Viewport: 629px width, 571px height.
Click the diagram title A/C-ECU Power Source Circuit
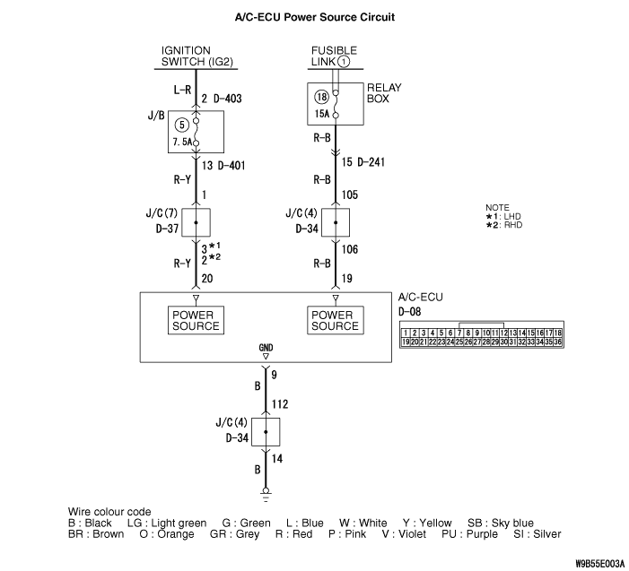pyautogui.click(x=314, y=16)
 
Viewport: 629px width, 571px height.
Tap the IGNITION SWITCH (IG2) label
pyautogui.click(x=198, y=56)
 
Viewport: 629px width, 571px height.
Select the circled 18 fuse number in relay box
pyautogui.click(x=322, y=96)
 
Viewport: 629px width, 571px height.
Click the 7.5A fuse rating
pyautogui.click(x=183, y=143)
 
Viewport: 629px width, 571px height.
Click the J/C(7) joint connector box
pyautogui.click(x=196, y=221)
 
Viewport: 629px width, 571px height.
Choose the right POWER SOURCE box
pyautogui.click(x=335, y=320)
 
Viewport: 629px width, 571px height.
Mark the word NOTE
pyautogui.click(x=497, y=207)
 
